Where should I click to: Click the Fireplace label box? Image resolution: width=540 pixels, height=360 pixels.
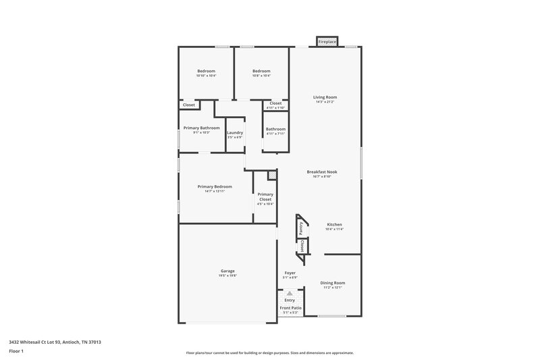[327, 42]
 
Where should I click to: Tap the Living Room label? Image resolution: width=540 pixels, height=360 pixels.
[325, 97]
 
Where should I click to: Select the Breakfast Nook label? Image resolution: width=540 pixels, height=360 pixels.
[322, 172]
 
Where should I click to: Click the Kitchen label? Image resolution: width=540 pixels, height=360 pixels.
[335, 224]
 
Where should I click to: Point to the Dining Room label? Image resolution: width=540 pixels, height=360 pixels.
[332, 283]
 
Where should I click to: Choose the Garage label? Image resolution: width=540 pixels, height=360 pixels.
[227, 271]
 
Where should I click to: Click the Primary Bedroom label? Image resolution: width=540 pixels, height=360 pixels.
[215, 186]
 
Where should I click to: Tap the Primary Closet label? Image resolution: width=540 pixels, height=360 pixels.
[265, 197]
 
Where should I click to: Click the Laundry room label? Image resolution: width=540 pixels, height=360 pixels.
[235, 132]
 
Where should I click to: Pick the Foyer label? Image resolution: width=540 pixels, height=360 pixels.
[290, 273]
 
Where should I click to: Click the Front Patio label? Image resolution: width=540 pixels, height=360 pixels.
[290, 308]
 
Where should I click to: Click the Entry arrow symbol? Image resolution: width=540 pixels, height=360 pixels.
[290, 294]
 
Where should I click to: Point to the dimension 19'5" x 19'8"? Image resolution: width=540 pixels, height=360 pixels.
[227, 276]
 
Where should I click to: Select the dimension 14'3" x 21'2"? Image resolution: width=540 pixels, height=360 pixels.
[325, 102]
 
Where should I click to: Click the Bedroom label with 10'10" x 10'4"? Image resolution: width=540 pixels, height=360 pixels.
[206, 71]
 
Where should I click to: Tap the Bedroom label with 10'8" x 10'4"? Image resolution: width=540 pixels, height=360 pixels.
[261, 71]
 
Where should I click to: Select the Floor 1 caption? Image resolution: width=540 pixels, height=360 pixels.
[17, 352]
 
